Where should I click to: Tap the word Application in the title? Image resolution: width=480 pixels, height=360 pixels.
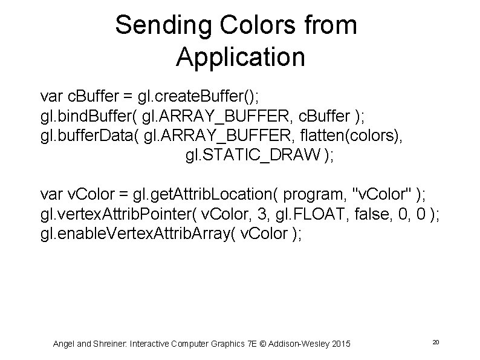coord(240,58)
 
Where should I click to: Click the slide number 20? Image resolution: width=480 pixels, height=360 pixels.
coord(435,343)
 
